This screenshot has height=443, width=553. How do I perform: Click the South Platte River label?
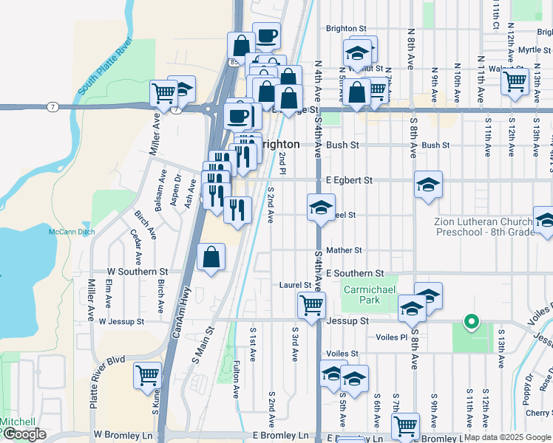pyautogui.click(x=104, y=65)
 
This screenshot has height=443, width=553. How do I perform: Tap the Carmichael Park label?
pyautogui.click(x=370, y=294)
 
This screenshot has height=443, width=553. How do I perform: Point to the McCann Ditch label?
pyautogui.click(x=72, y=232)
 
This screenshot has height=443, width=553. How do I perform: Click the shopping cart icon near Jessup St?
pyautogui.click(x=312, y=303)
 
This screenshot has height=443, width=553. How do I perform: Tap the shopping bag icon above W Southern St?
pyautogui.click(x=211, y=258)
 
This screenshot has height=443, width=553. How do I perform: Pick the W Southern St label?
pyautogui.click(x=138, y=271)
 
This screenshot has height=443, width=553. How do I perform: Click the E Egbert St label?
pyautogui.click(x=348, y=179)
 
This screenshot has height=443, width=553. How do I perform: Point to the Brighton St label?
pyautogui.click(x=346, y=29)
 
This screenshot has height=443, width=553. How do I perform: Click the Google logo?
pyautogui.click(x=24, y=434)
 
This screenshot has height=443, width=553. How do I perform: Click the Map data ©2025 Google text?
pyautogui.click(x=507, y=437)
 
